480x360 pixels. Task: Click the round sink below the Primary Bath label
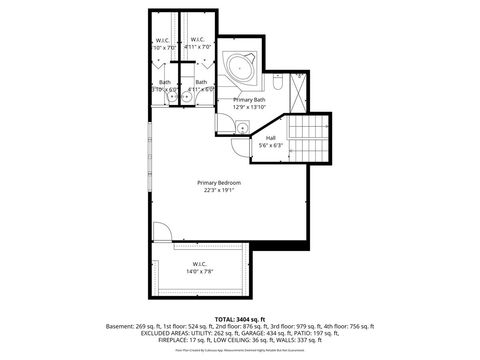[x=243, y=126]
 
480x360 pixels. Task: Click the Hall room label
[x=270, y=138]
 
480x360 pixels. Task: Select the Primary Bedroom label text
[x=218, y=182]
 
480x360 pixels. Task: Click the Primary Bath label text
[x=249, y=100]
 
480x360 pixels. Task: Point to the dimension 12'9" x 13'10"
[x=249, y=108]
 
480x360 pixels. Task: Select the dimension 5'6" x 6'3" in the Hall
[x=270, y=146]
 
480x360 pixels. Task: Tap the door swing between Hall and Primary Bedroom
[x=240, y=147]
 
